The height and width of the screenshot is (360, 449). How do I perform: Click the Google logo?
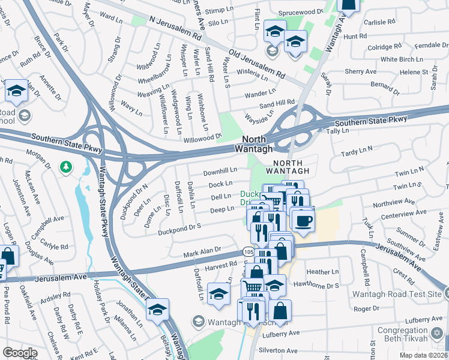click(x=20, y=353)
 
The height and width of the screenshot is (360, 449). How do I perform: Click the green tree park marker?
click(x=67, y=166)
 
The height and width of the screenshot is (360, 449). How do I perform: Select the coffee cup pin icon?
click(x=304, y=219)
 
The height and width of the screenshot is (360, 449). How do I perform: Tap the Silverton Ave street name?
click(x=277, y=350)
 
